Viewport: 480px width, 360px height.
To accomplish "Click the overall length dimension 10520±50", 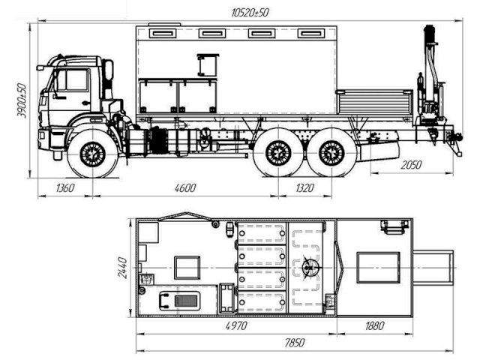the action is (250, 13).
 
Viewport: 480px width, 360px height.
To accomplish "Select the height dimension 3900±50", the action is (22, 100).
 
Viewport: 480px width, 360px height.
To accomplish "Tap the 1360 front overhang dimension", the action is (65, 187).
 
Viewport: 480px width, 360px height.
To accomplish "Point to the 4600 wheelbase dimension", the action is (185, 187).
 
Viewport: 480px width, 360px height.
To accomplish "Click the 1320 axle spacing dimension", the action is (305, 187).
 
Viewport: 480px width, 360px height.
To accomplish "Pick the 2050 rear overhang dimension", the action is (411, 165).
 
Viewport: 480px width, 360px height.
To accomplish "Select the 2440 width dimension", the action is (123, 268).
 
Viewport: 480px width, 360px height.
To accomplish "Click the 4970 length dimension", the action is (236, 325).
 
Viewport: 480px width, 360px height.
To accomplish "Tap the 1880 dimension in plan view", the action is (374, 325).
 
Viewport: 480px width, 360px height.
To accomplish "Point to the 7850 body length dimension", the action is (295, 343).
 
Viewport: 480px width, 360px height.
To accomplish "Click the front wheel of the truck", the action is (93, 154).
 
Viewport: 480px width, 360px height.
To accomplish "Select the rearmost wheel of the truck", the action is (331, 153).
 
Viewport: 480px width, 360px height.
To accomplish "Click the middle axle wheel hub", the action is (278, 153).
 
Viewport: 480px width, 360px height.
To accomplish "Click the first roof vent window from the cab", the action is (163, 33).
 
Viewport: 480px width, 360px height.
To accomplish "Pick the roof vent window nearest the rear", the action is (311, 33).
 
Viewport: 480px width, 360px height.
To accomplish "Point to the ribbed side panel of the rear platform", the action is (374, 103).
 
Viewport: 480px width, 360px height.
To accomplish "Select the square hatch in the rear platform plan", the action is (378, 268).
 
